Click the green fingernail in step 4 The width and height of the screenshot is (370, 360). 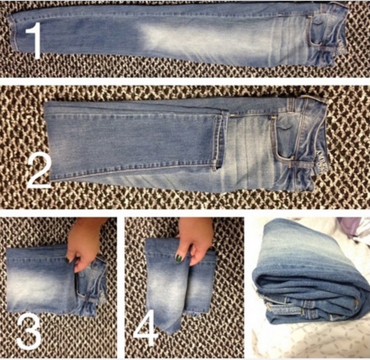pos(179,258)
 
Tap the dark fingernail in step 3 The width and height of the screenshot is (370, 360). pos(67,260)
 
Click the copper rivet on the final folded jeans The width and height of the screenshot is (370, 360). pos(356,302)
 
